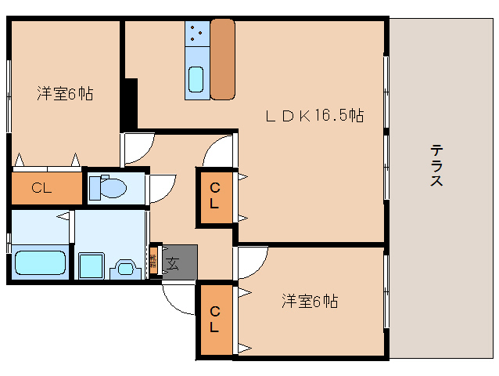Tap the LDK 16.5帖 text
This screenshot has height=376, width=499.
pos(313,116)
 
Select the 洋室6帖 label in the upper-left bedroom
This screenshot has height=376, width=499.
pos(65,94)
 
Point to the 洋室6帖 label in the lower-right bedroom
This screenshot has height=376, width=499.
pos(310,301)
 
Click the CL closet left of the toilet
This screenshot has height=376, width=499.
pos(46,188)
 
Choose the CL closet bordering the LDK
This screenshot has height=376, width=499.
pos(214,197)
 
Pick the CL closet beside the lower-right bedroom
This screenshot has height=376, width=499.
pos(214,320)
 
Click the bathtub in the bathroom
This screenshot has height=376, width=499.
pos(38,263)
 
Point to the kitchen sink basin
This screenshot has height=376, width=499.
pos(196,80)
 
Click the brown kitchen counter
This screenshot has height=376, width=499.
pos(222,60)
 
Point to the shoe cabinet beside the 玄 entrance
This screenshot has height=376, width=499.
pos(153,261)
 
